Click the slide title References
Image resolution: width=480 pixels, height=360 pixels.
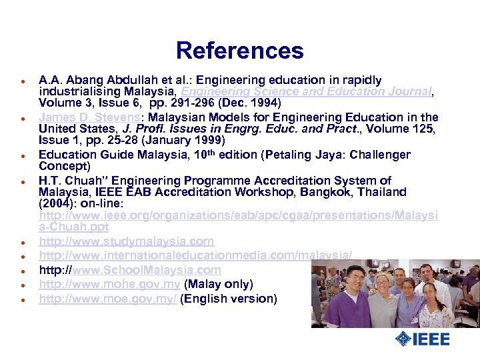tap(239, 51)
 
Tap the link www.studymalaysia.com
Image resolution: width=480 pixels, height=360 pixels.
tap(126, 241)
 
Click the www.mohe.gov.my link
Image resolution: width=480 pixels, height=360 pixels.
tap(109, 285)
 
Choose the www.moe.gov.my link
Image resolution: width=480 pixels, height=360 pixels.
tap(108, 299)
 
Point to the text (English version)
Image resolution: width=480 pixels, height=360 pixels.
tap(229, 299)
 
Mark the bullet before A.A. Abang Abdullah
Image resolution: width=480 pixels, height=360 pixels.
tap(22, 81)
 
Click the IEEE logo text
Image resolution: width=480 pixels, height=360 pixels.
tap(431, 339)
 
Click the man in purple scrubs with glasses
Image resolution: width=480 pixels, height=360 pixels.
tap(343, 293)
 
